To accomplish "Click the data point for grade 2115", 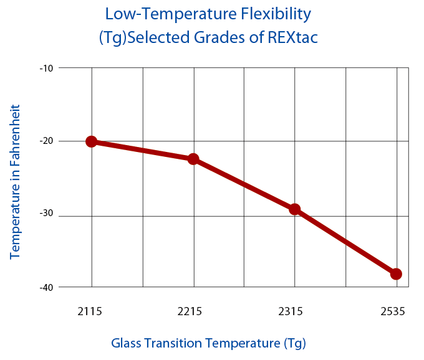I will click(92, 141).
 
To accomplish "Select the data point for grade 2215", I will click(193, 159).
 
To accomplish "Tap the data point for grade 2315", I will click(295, 209).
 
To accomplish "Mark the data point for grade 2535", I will click(396, 274).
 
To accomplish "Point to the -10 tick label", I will click(47, 67).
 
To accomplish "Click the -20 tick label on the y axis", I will click(47, 141).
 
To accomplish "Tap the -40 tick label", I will click(47, 287).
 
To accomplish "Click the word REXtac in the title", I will click(292, 38).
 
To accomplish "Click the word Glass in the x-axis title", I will click(128, 343).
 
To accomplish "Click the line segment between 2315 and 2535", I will click(345, 242).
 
